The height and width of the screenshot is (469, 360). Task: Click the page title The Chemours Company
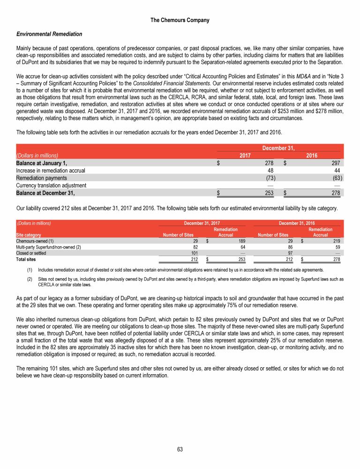click(180, 20)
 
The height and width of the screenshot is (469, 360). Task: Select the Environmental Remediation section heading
click(49, 34)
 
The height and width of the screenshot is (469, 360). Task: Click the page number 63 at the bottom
click(180, 450)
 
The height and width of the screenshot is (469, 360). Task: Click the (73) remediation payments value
click(270, 178)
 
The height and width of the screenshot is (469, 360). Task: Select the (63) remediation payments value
click(336, 178)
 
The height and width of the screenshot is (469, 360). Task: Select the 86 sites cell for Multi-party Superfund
click(285, 247)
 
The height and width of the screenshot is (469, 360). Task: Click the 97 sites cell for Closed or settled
click(285, 253)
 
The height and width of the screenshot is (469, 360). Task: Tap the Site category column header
click(29, 234)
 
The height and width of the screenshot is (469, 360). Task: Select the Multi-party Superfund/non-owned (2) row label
click(48, 247)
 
